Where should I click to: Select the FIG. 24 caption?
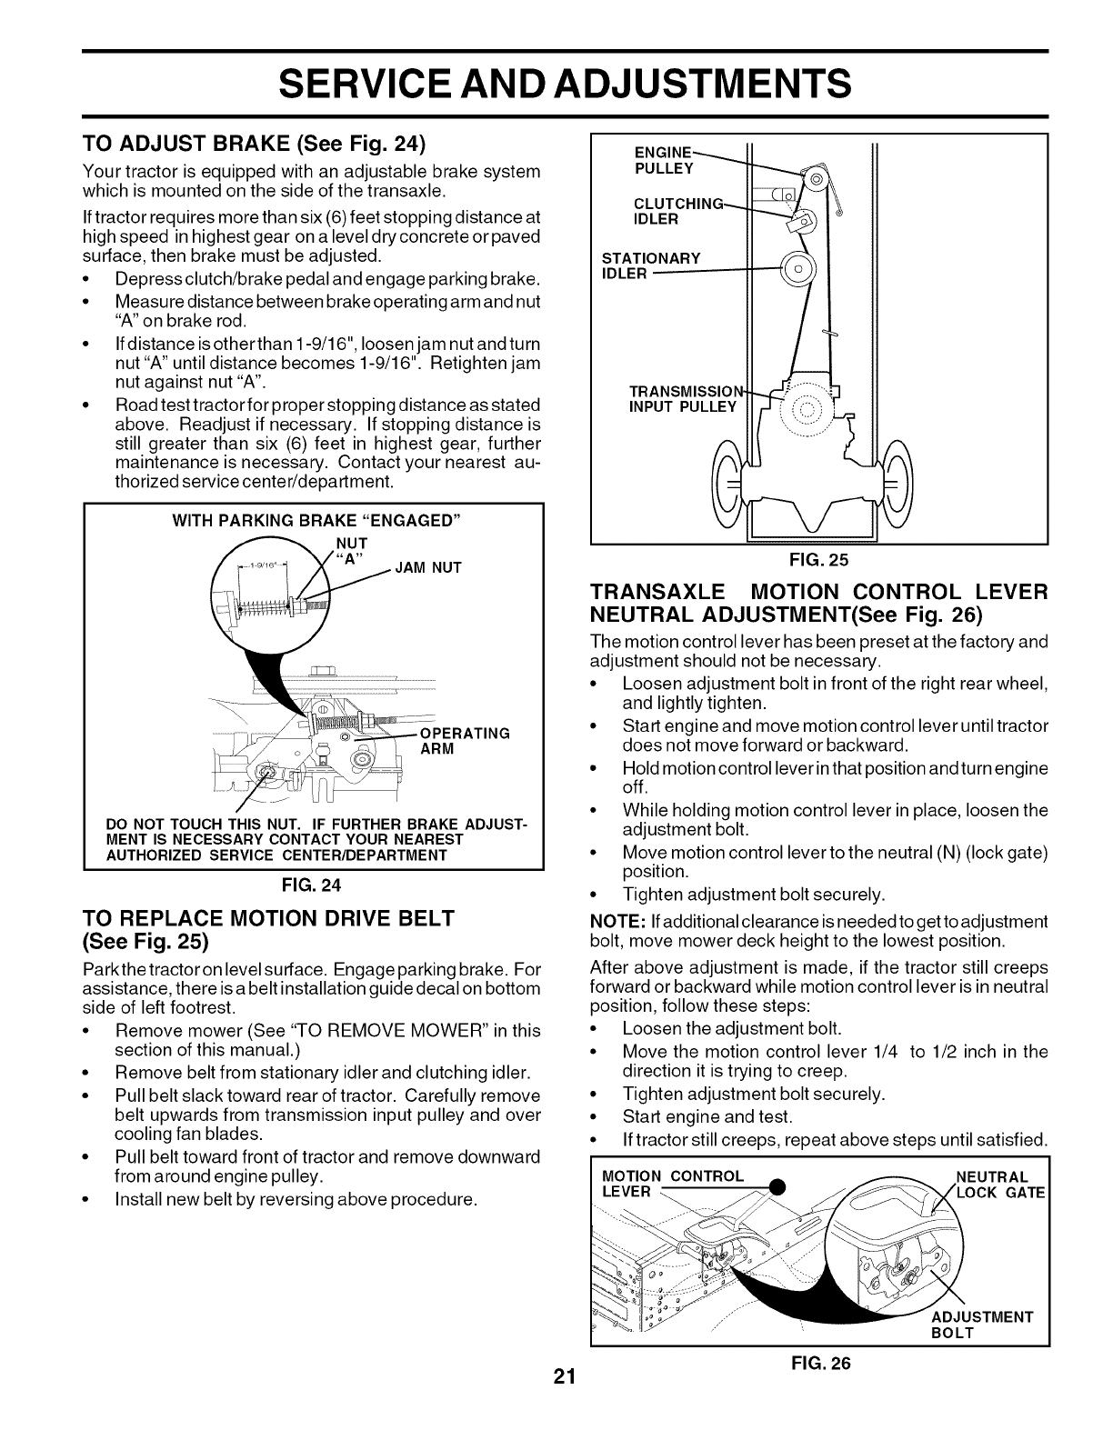click(x=314, y=883)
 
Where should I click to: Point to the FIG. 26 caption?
click(x=822, y=1364)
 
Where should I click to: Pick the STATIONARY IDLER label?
click(x=651, y=265)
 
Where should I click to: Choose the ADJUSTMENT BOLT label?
click(x=981, y=1324)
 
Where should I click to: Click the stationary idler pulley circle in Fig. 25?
click(x=797, y=269)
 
